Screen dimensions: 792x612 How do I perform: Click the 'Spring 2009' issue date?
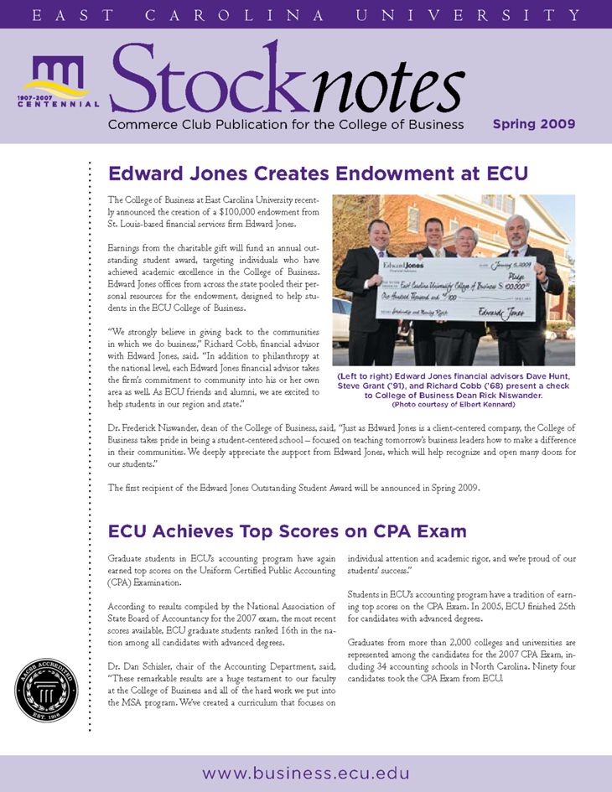tap(533, 124)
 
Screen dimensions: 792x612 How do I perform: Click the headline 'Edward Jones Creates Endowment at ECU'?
tap(318, 173)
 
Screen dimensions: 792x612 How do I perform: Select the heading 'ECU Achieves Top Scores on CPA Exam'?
tap(287, 531)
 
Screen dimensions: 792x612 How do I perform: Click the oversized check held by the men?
tap(458, 291)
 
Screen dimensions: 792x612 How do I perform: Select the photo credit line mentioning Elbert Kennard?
tap(454, 405)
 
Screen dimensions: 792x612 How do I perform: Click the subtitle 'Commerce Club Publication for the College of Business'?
tap(285, 124)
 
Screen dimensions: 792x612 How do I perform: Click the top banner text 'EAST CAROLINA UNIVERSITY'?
tap(306, 15)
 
